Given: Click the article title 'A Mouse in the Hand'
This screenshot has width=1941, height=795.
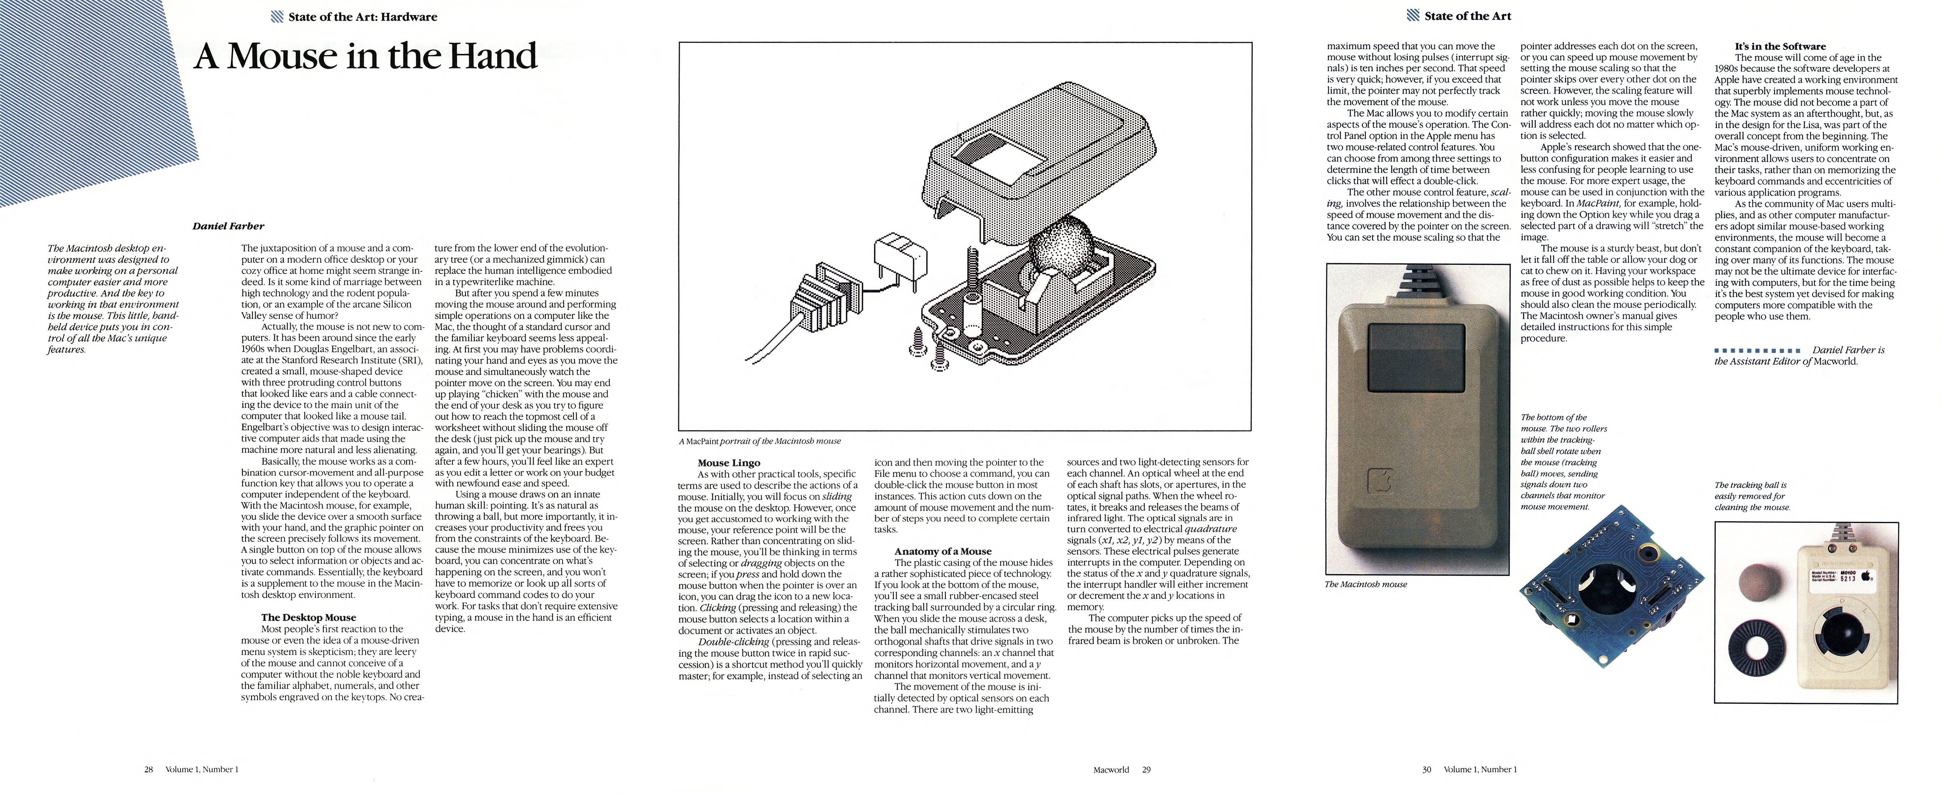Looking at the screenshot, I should pyautogui.click(x=365, y=56).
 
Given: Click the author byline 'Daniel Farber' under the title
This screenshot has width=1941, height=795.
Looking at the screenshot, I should pyautogui.click(x=228, y=226).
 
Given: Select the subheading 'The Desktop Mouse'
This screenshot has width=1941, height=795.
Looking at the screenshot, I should pyautogui.click(x=308, y=617).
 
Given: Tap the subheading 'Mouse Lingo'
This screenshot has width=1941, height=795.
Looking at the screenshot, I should pyautogui.click(x=729, y=463).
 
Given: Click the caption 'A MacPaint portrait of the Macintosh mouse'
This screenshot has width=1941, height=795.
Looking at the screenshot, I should pyautogui.click(x=760, y=441).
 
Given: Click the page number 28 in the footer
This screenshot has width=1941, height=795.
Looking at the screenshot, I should pyautogui.click(x=149, y=769).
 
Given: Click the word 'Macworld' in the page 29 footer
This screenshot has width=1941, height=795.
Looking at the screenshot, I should pyautogui.click(x=1111, y=769).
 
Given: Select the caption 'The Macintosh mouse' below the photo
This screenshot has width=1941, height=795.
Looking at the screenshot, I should pyautogui.click(x=1365, y=584).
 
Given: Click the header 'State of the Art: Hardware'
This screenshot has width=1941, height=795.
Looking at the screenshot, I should pyautogui.click(x=362, y=17).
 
